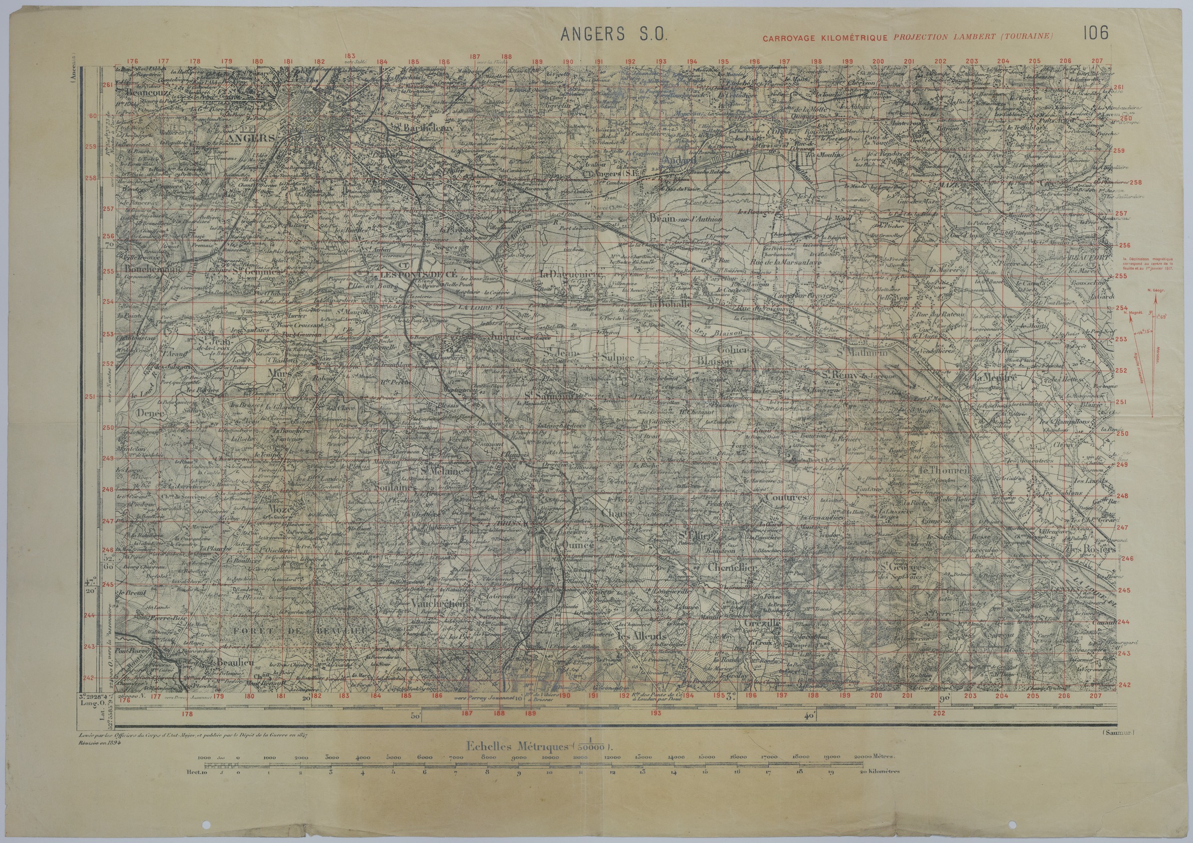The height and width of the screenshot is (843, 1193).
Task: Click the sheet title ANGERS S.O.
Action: (613, 34)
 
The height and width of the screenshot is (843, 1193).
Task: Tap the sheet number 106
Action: (1095, 33)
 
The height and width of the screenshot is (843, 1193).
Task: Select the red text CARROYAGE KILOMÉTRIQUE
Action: (827, 37)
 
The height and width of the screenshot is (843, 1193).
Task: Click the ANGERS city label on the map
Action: (251, 138)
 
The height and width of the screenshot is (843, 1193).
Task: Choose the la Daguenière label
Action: (570, 274)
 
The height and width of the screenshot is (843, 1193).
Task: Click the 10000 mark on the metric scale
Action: (550, 758)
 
